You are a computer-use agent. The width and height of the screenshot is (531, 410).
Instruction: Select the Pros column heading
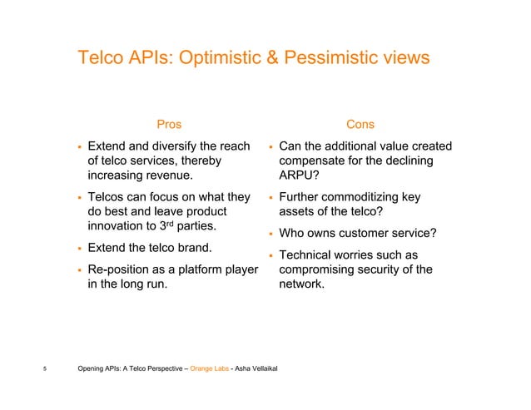tap(169, 125)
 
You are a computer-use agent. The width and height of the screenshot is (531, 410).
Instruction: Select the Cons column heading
tap(360, 125)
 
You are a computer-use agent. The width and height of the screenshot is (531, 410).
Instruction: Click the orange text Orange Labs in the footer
tap(210, 370)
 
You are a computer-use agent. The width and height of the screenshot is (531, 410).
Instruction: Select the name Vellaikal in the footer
tap(263, 370)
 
